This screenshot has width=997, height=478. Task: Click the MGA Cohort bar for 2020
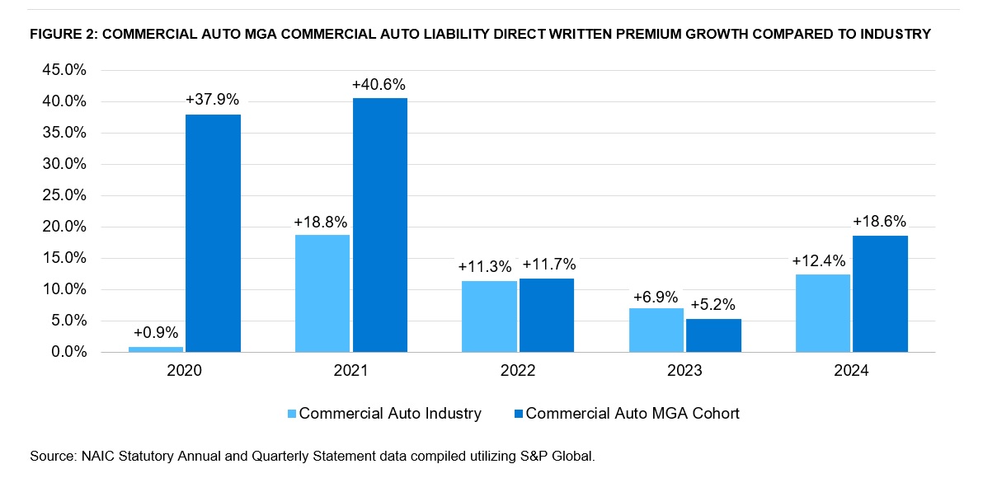click(213, 233)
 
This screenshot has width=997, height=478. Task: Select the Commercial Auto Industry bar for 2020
click(156, 349)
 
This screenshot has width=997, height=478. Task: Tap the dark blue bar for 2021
click(379, 225)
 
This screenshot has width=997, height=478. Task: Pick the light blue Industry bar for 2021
click(322, 293)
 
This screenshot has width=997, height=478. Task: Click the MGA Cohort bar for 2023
click(713, 335)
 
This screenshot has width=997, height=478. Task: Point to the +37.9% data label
click(213, 100)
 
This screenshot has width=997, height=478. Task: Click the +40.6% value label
click(379, 84)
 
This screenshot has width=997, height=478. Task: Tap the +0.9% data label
click(156, 332)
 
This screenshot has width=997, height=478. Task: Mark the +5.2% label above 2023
click(713, 304)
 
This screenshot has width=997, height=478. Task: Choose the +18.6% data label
click(880, 222)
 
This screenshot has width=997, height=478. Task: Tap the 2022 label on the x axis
click(518, 371)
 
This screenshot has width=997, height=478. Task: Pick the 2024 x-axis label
click(851, 371)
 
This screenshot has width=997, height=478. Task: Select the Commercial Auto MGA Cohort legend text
click(633, 414)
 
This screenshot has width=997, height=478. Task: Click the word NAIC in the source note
click(93, 455)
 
